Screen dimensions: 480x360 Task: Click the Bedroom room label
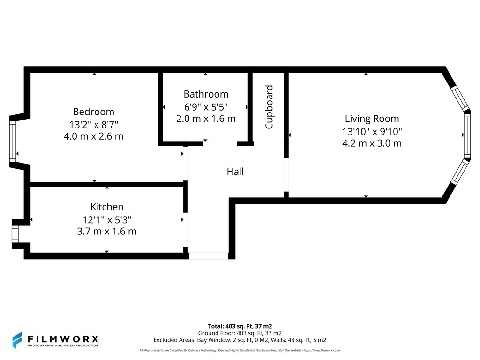pyautogui.click(x=93, y=112)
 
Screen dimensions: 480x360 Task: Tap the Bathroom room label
pyautogui.click(x=206, y=94)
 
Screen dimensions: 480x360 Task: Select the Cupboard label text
pyautogui.click(x=269, y=107)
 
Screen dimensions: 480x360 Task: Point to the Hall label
pyautogui.click(x=235, y=172)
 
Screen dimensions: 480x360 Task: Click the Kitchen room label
pyautogui.click(x=107, y=207)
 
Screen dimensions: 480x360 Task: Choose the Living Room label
pyautogui.click(x=372, y=119)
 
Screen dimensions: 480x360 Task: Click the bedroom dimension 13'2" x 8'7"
pyautogui.click(x=93, y=125)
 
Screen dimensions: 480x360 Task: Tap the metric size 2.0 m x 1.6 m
pyautogui.click(x=206, y=119)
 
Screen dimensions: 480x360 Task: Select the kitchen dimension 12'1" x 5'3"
pyautogui.click(x=107, y=219)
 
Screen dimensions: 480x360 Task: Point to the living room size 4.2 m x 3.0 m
pyautogui.click(x=372, y=143)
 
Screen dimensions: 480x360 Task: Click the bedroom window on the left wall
pyautogui.click(x=13, y=141)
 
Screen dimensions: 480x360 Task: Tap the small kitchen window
pyautogui.click(x=15, y=234)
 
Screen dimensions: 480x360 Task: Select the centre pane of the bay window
pyautogui.click(x=467, y=135)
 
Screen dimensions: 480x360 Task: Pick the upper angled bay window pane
pyautogui.click(x=460, y=98)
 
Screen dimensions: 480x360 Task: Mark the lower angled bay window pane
pyautogui.click(x=460, y=172)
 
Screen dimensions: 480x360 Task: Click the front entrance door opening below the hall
pyautogui.click(x=209, y=256)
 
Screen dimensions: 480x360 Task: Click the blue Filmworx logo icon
pyautogui.click(x=17, y=340)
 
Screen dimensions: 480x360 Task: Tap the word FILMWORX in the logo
pyautogui.click(x=63, y=339)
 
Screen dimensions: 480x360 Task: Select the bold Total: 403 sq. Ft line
pyautogui.click(x=240, y=326)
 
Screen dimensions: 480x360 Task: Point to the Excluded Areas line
pyautogui.click(x=240, y=340)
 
